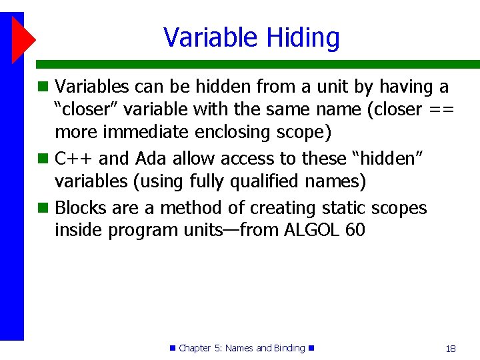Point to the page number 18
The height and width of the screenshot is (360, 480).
click(451, 348)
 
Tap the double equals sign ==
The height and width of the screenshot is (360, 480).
click(441, 109)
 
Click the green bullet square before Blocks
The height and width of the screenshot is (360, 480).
click(43, 208)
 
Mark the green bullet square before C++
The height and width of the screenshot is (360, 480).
click(43, 159)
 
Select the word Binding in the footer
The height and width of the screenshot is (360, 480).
click(289, 348)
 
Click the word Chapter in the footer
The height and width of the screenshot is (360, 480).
click(195, 348)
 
